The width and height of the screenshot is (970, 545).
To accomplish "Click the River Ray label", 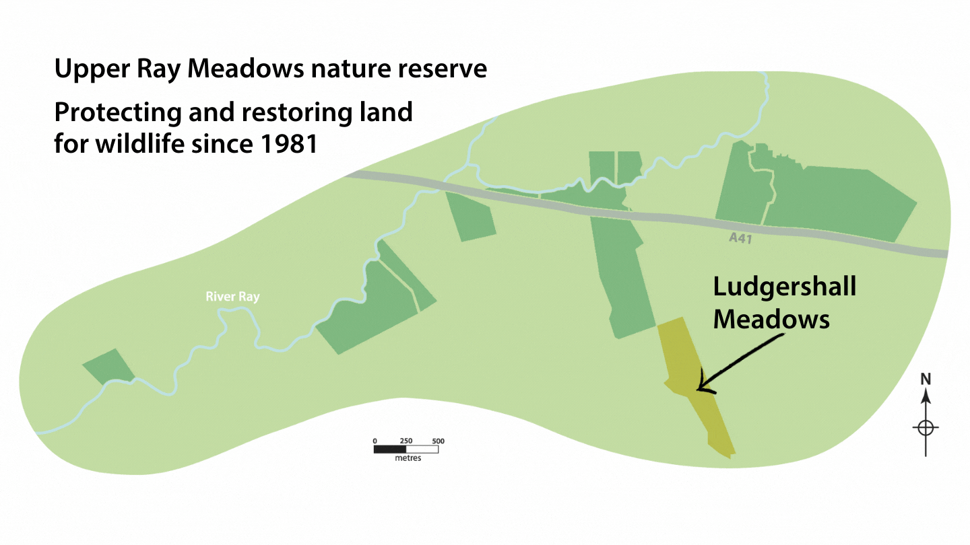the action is (x=232, y=297).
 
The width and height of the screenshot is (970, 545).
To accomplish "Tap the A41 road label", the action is (x=740, y=238).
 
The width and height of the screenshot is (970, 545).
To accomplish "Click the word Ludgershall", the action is (x=785, y=287).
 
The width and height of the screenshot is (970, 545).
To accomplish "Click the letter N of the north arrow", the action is (x=926, y=379).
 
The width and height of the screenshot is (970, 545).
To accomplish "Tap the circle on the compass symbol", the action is (x=926, y=428).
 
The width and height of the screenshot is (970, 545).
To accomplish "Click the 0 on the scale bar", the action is (x=375, y=441).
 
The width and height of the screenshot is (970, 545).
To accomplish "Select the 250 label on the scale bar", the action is (x=406, y=441).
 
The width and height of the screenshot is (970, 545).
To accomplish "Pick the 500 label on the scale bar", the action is (x=439, y=441).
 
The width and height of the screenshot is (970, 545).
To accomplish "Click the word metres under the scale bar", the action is (x=408, y=458).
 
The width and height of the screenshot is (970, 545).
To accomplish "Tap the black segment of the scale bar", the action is (x=390, y=449).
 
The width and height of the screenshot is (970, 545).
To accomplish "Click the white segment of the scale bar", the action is (x=422, y=449).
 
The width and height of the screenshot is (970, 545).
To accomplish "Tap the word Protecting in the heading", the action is (x=118, y=113).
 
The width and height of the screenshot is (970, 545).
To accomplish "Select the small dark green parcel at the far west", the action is (x=109, y=367).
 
